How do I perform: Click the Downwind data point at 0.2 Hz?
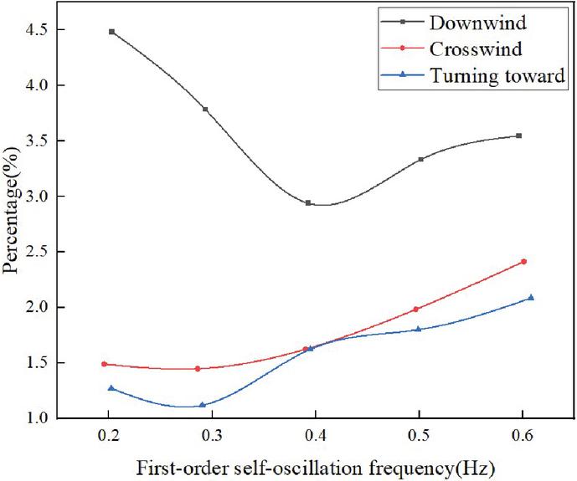[x=111, y=32]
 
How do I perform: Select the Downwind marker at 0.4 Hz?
[x=308, y=203]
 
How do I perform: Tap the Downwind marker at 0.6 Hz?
[x=519, y=136]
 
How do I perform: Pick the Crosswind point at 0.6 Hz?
[x=523, y=262]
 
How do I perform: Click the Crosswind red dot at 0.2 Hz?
[x=104, y=364]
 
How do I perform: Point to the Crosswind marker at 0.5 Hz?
[x=415, y=310]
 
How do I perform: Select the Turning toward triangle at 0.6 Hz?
[x=531, y=298]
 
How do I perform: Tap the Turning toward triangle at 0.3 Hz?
[x=202, y=405]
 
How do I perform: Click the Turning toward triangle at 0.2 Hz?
[x=111, y=388]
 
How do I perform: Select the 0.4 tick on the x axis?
[x=316, y=437]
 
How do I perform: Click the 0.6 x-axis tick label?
[x=523, y=437]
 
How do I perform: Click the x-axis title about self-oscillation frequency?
[x=316, y=467]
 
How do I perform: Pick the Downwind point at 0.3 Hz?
[x=205, y=110]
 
